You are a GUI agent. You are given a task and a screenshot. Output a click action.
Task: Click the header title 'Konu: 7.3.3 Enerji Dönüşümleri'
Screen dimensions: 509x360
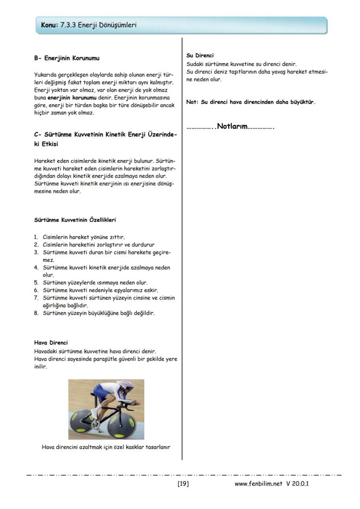click(89, 25)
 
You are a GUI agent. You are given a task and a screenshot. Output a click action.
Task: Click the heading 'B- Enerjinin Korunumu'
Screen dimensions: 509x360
click(70, 58)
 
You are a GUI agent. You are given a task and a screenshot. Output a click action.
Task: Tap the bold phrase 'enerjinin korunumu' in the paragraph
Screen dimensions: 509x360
click(72, 98)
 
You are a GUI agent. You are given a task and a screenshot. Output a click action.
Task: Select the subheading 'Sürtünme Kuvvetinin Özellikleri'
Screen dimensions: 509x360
click(75, 220)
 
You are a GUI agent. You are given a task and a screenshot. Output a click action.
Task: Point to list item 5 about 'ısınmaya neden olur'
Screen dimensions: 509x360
click(95, 283)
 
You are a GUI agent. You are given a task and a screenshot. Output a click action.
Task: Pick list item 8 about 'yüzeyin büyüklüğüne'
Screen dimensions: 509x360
click(98, 313)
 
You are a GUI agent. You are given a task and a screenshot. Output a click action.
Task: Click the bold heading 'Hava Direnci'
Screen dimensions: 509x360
click(51, 343)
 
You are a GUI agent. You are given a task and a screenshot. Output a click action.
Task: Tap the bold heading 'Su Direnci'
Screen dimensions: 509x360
click(200, 56)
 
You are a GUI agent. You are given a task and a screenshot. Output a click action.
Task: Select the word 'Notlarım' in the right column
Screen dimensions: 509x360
click(232, 127)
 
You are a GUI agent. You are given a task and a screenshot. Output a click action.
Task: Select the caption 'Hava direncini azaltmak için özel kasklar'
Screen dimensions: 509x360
click(106, 446)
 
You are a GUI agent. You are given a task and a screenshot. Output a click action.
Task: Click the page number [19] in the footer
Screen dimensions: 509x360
click(183, 483)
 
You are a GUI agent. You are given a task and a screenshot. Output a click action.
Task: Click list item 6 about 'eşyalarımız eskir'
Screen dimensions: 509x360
click(100, 290)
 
